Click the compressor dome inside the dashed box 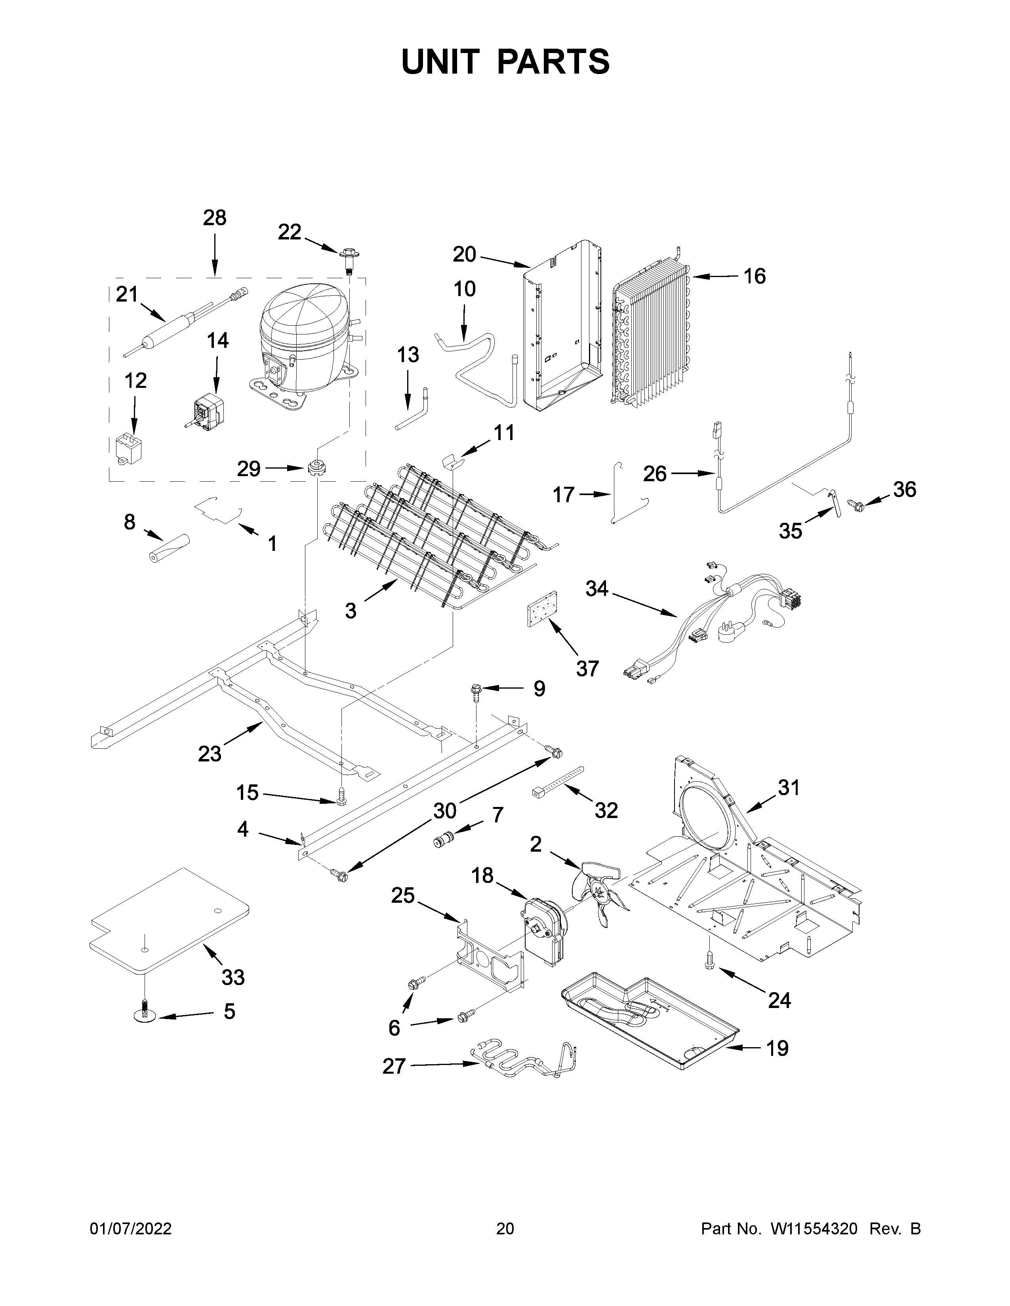(302, 335)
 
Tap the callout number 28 (214, 218)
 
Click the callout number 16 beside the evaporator (755, 276)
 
